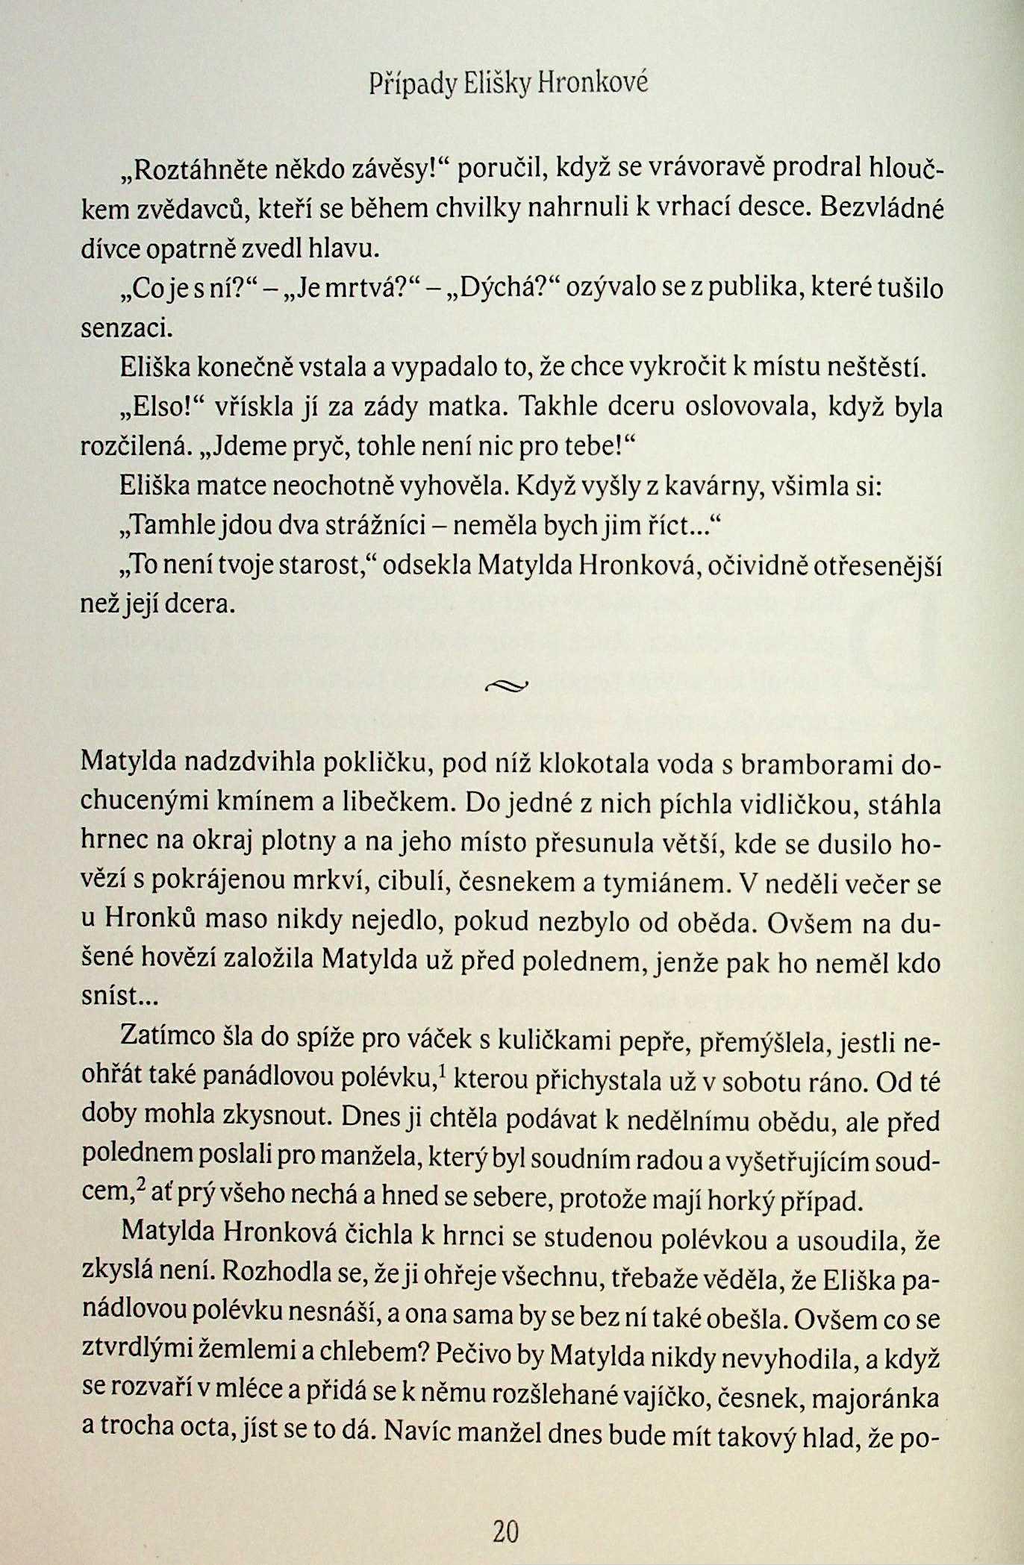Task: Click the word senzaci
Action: [x=126, y=327]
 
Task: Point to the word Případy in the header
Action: [x=412, y=84]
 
